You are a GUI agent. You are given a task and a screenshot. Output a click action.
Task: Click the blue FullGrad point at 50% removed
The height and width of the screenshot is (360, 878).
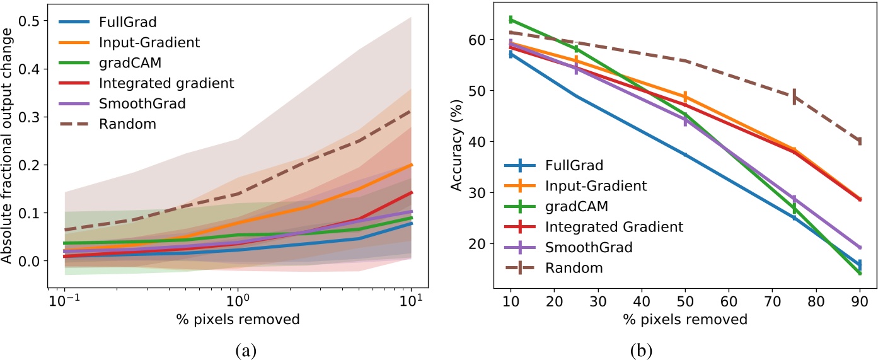684,154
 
